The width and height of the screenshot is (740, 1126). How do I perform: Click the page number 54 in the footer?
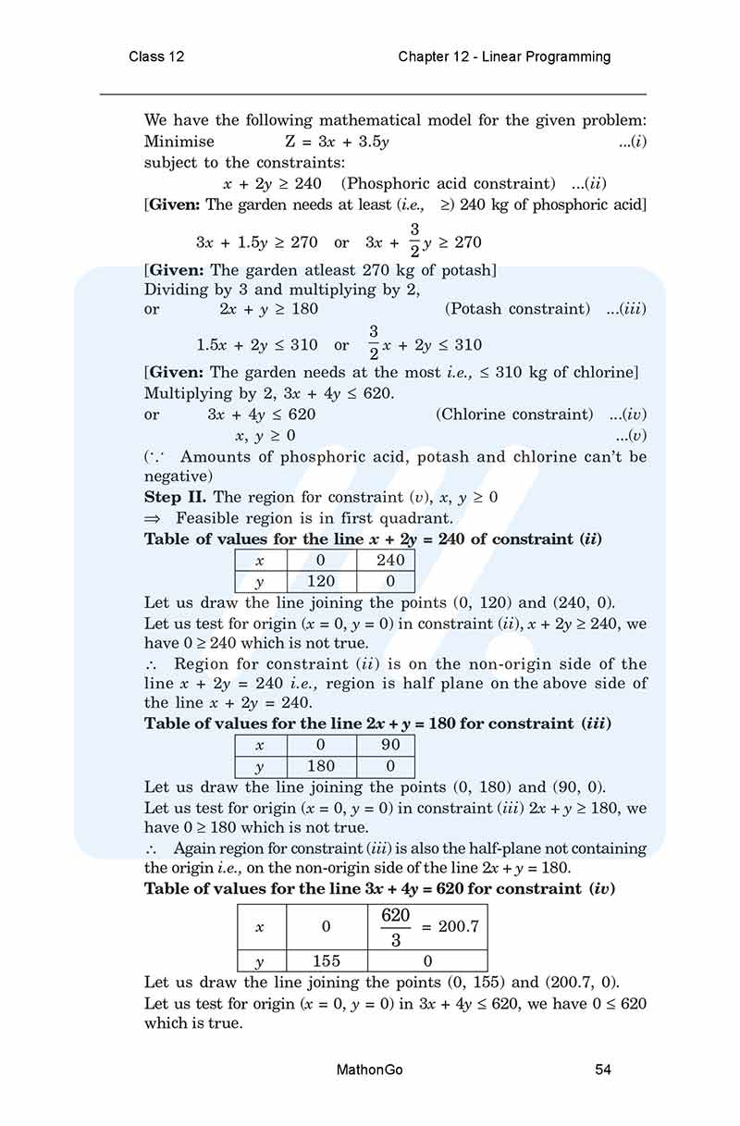603,1070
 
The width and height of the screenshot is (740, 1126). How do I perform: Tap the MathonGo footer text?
370,1070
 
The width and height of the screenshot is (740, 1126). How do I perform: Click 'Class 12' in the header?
156,56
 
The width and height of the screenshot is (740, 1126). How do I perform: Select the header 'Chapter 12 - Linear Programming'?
504,56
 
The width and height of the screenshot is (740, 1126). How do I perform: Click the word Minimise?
179,142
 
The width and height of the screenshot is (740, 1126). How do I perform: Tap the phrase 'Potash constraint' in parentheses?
517,309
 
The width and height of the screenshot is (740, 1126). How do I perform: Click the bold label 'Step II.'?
176,497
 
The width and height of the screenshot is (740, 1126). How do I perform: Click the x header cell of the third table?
260,927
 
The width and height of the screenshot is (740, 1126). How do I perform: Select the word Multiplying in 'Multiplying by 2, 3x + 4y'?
185,393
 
